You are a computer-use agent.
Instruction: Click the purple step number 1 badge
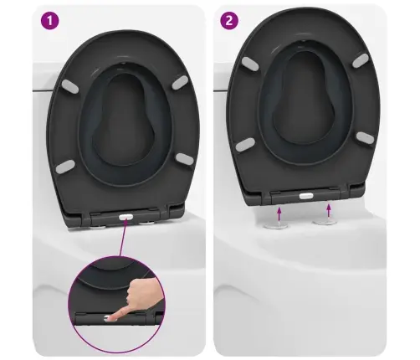click(x=50, y=20)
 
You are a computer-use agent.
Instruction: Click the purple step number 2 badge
click(x=229, y=20)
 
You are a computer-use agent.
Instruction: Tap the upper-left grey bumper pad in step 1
click(x=69, y=86)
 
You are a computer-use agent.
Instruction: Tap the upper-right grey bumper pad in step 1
click(x=180, y=82)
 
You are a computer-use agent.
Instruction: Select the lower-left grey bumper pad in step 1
click(x=65, y=167)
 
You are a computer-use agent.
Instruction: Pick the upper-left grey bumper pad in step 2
click(x=250, y=63)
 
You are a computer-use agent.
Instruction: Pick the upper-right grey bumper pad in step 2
click(x=361, y=61)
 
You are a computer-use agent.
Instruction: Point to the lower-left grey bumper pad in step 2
click(x=245, y=145)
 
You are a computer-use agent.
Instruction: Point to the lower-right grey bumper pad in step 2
click(x=365, y=137)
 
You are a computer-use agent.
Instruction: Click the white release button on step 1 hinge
click(x=125, y=217)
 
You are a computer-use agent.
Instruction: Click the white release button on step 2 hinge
click(x=306, y=196)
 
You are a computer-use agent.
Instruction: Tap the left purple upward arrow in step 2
click(x=279, y=213)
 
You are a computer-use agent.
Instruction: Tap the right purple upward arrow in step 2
click(x=329, y=210)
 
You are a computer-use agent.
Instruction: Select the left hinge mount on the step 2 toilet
click(x=276, y=225)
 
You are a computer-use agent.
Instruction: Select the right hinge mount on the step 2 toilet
click(x=325, y=222)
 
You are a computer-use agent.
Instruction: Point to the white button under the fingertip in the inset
click(x=108, y=317)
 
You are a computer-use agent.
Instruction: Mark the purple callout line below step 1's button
click(x=123, y=238)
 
